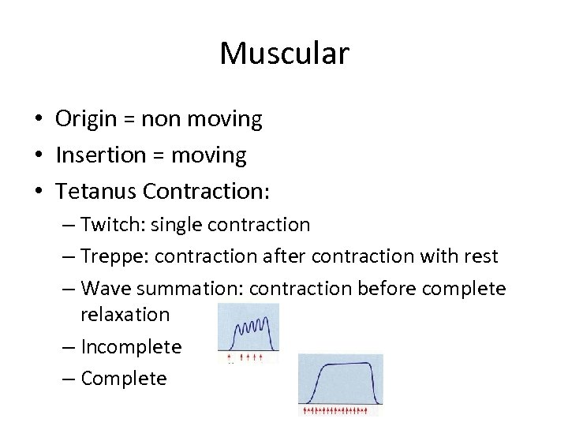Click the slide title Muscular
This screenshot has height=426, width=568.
pyautogui.click(x=284, y=54)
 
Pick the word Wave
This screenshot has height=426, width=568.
pyautogui.click(x=105, y=289)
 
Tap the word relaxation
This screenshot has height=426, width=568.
pyautogui.click(x=125, y=315)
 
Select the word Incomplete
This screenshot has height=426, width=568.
pyautogui.click(x=131, y=346)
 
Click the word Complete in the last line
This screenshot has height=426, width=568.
pyautogui.click(x=124, y=379)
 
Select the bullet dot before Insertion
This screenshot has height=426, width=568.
pyautogui.click(x=38, y=156)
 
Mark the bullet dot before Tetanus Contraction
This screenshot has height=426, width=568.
pyautogui.click(x=38, y=192)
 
